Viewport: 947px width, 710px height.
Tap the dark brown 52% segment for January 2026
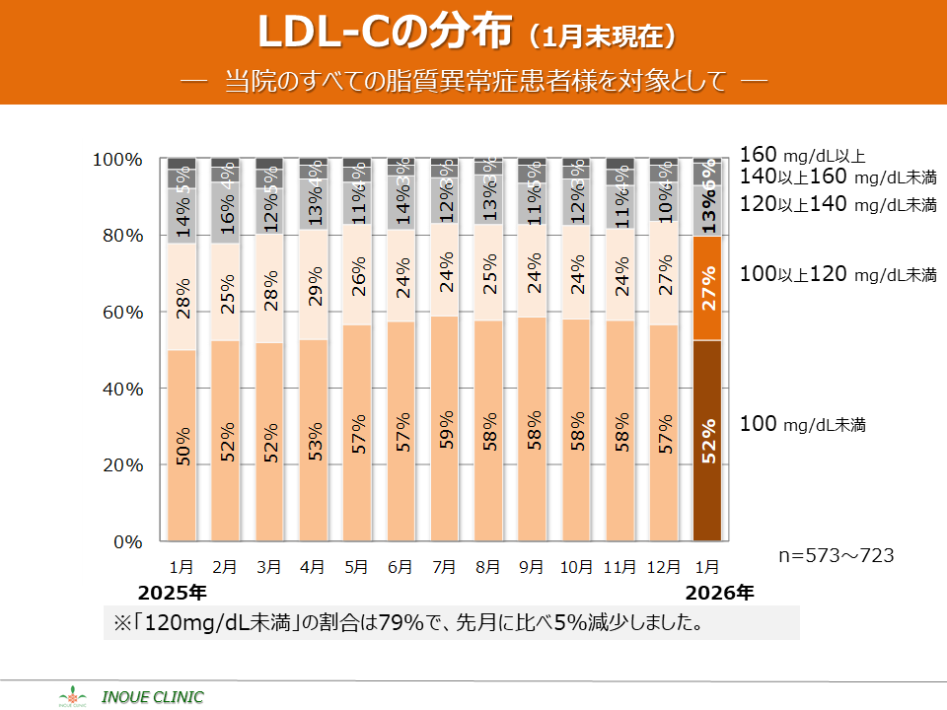tap(707, 441)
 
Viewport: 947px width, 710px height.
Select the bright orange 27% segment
tap(707, 288)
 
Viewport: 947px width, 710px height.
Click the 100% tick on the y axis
tap(117, 160)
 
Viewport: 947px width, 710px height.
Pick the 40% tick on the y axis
tap(122, 389)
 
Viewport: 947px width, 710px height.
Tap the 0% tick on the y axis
tap(126, 541)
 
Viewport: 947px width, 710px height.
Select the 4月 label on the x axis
tap(313, 567)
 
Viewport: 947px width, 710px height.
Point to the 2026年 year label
tap(720, 593)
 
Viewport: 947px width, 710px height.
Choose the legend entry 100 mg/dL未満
tap(802, 425)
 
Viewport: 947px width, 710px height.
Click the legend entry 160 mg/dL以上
tap(802, 155)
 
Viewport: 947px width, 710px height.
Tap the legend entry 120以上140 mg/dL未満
tap(838, 204)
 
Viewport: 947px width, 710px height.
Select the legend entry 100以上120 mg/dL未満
tap(838, 275)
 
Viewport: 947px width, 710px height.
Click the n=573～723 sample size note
tap(836, 555)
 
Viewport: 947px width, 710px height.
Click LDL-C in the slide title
tap(323, 34)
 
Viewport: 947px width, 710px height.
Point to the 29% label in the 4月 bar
tap(315, 288)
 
